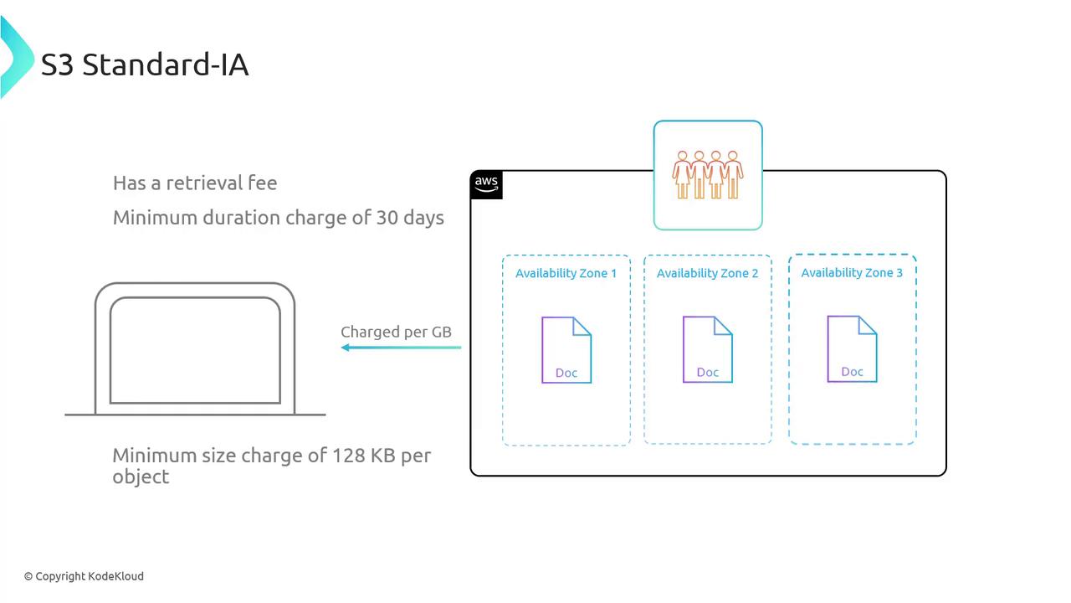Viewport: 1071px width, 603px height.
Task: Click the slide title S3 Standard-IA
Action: (x=145, y=64)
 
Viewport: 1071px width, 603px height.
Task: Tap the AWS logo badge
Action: (x=486, y=184)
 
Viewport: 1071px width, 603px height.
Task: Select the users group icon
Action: (x=708, y=174)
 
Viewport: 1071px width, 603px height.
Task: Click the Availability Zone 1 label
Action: (x=566, y=273)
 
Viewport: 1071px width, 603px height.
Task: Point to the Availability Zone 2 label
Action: (x=707, y=273)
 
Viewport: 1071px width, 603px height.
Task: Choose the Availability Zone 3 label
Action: (x=852, y=272)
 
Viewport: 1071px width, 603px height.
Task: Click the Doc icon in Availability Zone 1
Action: (x=566, y=350)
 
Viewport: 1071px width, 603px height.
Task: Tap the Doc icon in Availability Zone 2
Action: (x=708, y=349)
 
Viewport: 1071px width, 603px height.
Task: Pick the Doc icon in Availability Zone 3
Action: (x=852, y=348)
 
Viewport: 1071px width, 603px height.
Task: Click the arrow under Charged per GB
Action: (x=401, y=348)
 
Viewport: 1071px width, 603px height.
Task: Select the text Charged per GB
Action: (x=396, y=332)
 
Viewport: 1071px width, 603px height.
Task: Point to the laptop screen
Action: (x=195, y=350)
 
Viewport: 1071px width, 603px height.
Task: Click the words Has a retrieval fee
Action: (x=195, y=183)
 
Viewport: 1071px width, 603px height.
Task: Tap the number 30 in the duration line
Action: (x=387, y=218)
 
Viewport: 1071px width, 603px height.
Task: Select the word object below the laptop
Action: (x=141, y=477)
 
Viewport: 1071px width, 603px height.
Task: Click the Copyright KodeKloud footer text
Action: (x=84, y=576)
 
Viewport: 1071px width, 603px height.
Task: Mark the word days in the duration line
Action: (x=423, y=218)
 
